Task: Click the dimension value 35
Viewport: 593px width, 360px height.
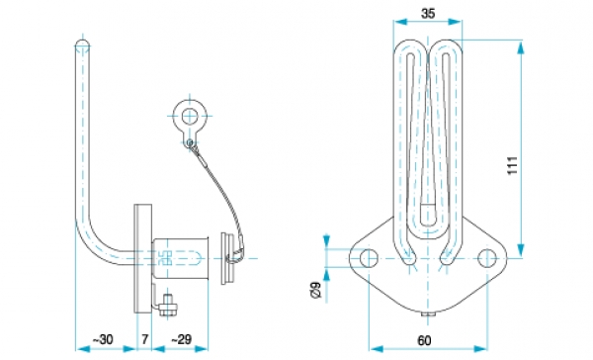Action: click(427, 14)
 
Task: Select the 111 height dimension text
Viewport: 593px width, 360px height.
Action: click(512, 165)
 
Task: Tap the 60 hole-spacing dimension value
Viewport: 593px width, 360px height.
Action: click(424, 340)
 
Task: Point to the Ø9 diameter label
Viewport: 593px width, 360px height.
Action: click(315, 290)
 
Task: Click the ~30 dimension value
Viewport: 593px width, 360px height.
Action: click(103, 339)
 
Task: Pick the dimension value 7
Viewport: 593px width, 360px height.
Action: click(144, 339)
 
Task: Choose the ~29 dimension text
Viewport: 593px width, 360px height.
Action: click(181, 339)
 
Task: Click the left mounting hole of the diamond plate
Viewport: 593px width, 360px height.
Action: click(369, 258)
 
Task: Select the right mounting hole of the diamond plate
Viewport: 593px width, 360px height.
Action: click(487, 258)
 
